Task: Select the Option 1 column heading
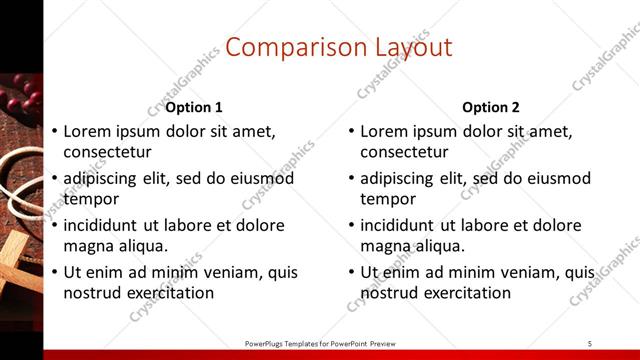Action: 194,107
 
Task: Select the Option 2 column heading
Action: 491,107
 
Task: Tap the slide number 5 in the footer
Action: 590,343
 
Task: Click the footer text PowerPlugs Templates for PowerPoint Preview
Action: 320,343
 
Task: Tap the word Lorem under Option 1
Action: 87,131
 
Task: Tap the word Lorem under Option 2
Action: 383,131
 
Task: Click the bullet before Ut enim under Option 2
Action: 351,272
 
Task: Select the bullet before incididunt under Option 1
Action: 54,225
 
